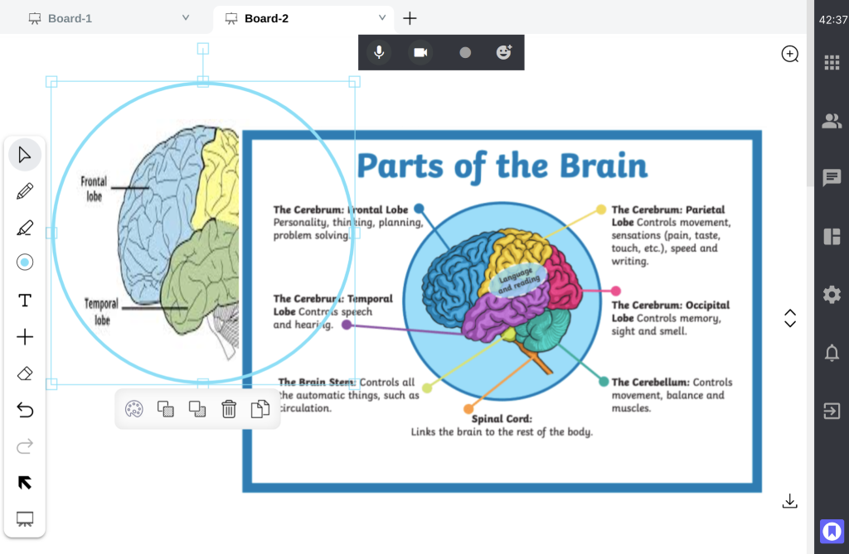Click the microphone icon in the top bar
pyautogui.click(x=379, y=52)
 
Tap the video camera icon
pyautogui.click(x=420, y=52)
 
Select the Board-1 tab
pyautogui.click(x=70, y=18)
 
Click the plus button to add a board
pyautogui.click(x=410, y=18)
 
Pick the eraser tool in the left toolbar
pyautogui.click(x=25, y=373)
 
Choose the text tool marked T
pyautogui.click(x=25, y=300)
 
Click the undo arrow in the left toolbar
pyautogui.click(x=25, y=409)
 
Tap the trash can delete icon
pyautogui.click(x=229, y=408)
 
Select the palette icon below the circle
pyautogui.click(x=133, y=408)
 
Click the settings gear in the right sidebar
pyautogui.click(x=831, y=294)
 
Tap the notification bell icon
pyautogui.click(x=831, y=353)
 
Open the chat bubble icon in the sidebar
pyautogui.click(x=831, y=178)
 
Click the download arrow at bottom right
pyautogui.click(x=790, y=501)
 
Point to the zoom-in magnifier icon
pyautogui.click(x=790, y=55)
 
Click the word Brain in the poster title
pyautogui.click(x=603, y=166)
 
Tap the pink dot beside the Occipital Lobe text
pyautogui.click(x=616, y=291)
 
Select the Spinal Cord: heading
pyautogui.click(x=502, y=419)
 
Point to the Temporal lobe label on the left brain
pyautogui.click(x=101, y=311)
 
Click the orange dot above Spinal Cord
pyautogui.click(x=468, y=408)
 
